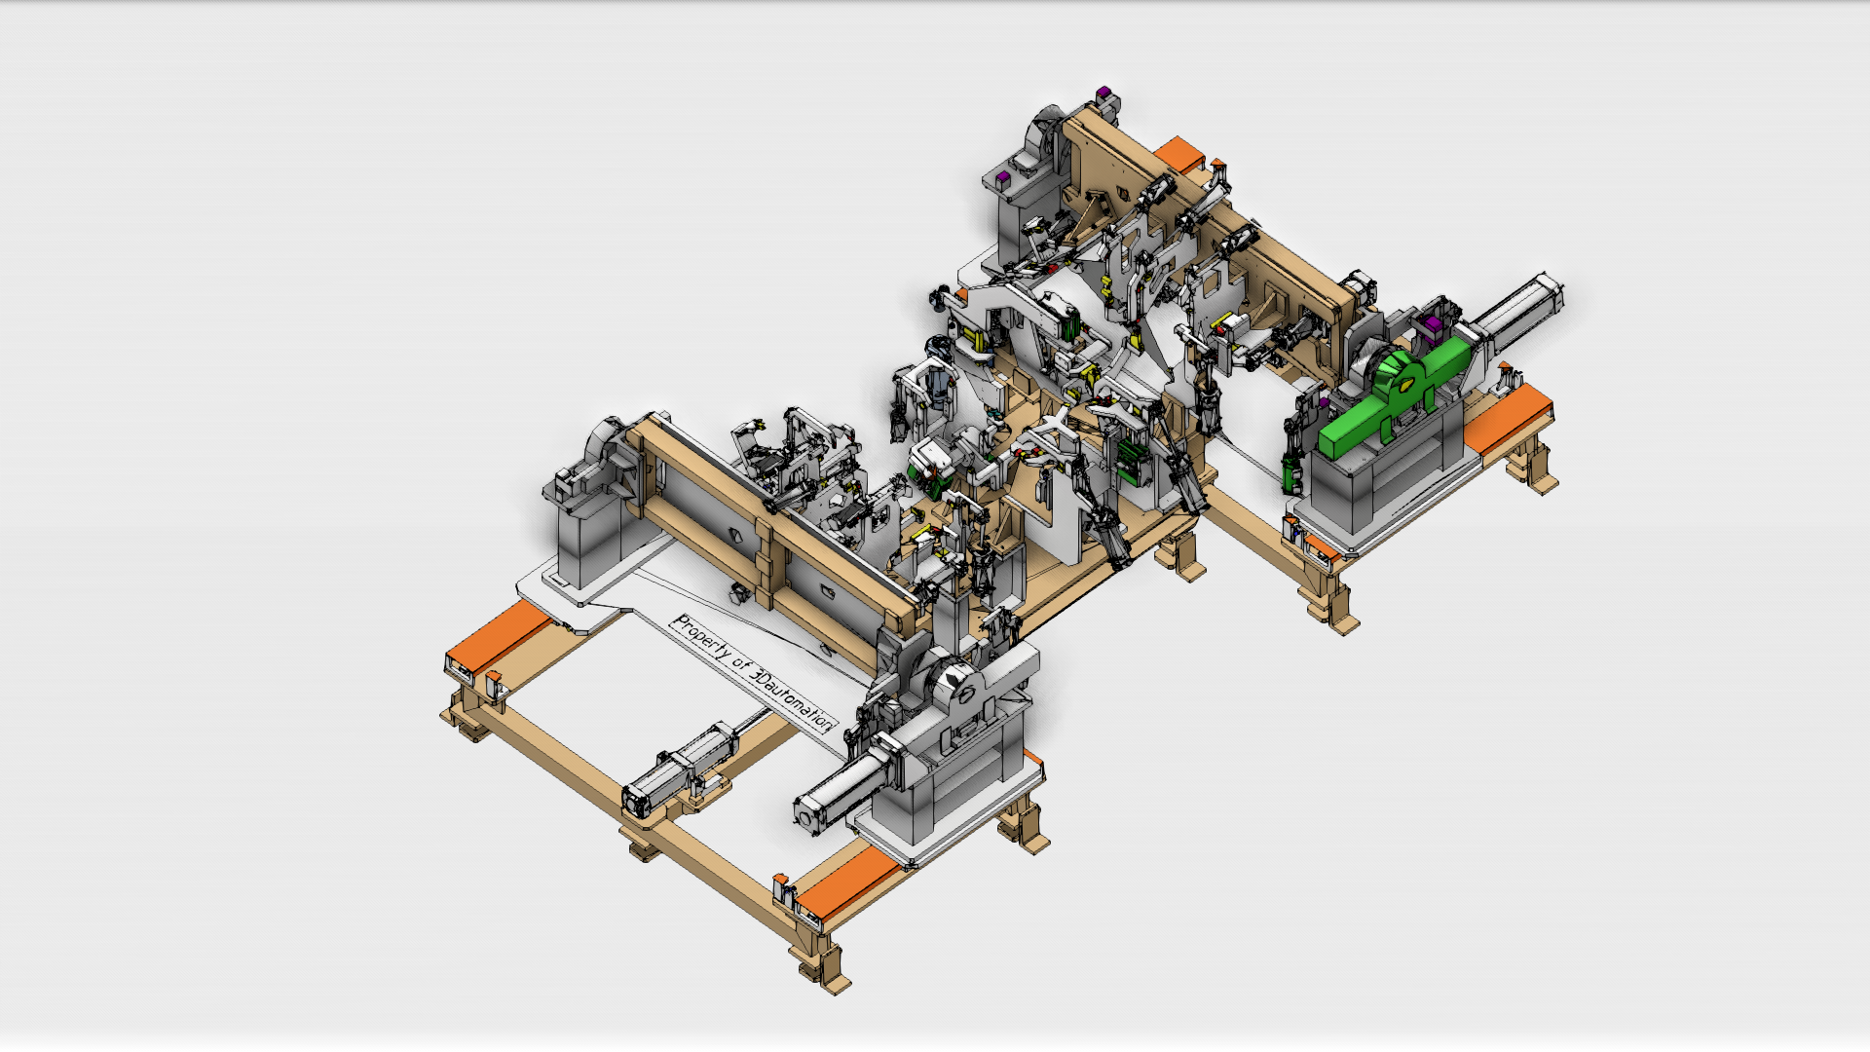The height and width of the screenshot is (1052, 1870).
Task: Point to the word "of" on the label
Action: pyautogui.click(x=742, y=666)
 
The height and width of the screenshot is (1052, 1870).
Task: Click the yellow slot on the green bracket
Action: pyautogui.click(x=1405, y=383)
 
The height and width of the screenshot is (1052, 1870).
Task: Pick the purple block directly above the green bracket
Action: pyautogui.click(x=1432, y=322)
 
